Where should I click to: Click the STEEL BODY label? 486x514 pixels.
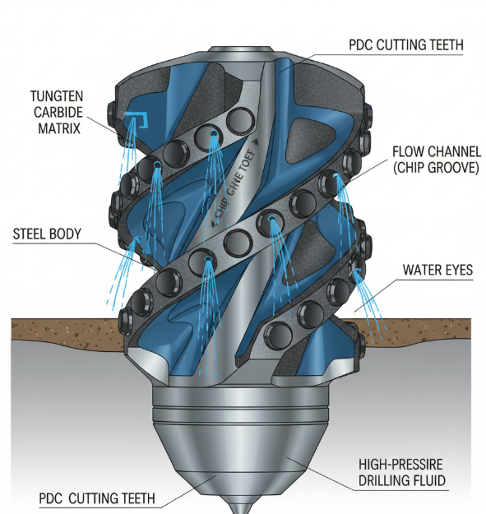47,234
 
